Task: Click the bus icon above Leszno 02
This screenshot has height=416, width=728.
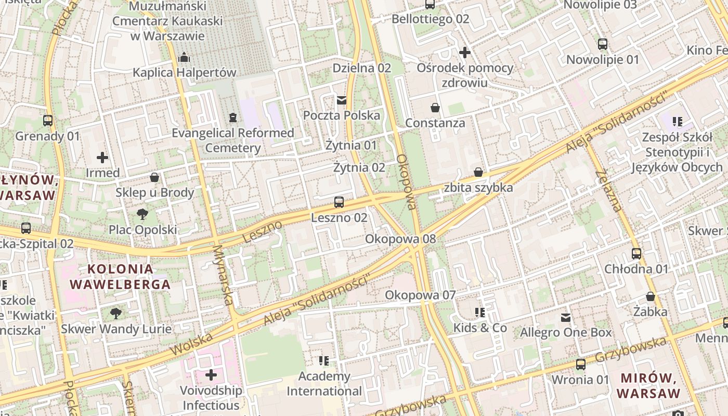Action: [339, 202]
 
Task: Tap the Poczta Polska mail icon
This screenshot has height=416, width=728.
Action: [342, 100]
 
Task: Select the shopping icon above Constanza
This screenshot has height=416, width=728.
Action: [435, 108]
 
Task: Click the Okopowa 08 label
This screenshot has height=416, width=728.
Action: [400, 239]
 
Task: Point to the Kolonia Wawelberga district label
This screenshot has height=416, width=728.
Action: [120, 277]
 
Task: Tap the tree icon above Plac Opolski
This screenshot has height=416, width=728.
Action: [142, 214]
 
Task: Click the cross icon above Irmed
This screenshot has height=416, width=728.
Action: [102, 157]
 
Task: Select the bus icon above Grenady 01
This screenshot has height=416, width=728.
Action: [48, 121]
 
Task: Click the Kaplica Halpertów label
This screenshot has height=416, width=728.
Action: [184, 72]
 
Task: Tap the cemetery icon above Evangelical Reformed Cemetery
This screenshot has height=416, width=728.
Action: [232, 118]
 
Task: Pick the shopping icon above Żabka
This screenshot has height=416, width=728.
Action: [650, 296]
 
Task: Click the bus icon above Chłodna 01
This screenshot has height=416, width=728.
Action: [636, 254]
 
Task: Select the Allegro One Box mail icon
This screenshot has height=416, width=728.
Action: [566, 317]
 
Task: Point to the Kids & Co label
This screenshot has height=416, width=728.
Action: [480, 328]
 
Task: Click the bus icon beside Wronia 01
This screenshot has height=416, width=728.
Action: [581, 365]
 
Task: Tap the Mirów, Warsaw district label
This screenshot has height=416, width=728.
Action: [648, 385]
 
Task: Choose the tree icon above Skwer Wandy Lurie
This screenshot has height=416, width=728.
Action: [116, 313]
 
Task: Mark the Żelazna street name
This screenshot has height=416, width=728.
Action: [608, 191]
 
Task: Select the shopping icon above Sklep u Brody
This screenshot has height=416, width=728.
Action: [154, 177]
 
